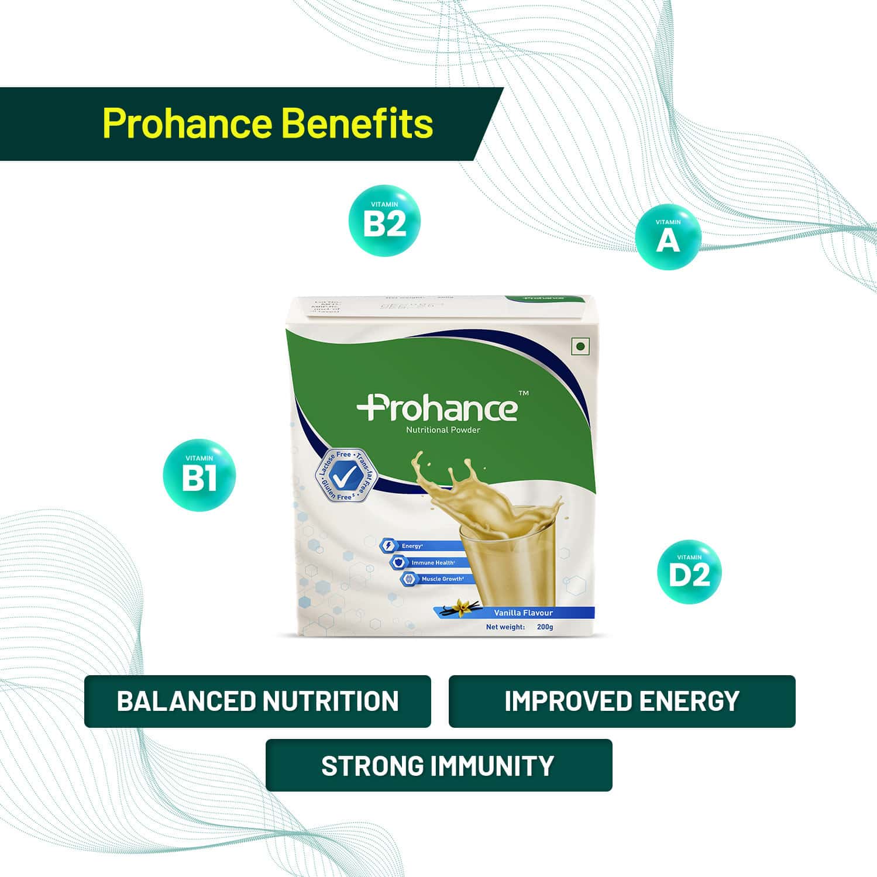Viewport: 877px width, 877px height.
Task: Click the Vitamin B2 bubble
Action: click(x=384, y=221)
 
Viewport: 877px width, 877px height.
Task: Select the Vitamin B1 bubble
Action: click(x=199, y=474)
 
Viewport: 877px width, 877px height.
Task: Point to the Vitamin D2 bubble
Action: click(x=689, y=572)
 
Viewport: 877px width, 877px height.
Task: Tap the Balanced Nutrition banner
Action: click(x=257, y=701)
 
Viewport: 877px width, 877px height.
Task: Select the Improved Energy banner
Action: click(x=622, y=701)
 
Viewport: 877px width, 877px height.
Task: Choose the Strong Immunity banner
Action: click(x=438, y=765)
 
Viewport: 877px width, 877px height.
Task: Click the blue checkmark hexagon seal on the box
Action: click(x=341, y=476)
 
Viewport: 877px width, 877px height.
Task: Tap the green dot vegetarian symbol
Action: click(x=580, y=346)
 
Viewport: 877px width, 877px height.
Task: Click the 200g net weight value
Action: click(x=545, y=627)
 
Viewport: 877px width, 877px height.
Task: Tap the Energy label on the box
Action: click(x=411, y=546)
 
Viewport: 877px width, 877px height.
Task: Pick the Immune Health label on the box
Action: click(x=432, y=562)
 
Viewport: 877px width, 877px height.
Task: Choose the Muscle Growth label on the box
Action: click(x=442, y=579)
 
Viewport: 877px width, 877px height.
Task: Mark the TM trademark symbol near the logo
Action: click(x=524, y=393)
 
